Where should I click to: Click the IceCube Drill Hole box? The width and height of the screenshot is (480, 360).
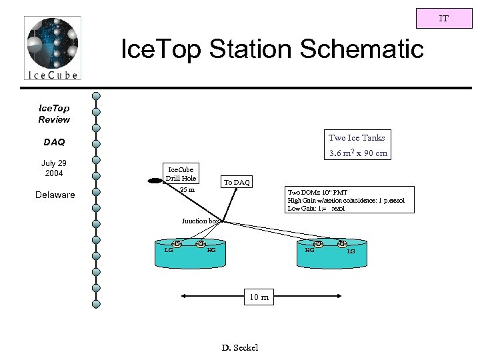coord(181,175)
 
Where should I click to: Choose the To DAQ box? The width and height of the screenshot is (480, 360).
coord(237,181)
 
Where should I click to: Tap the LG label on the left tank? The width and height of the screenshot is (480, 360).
coord(169,250)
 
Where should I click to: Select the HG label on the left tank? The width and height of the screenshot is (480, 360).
coord(211,250)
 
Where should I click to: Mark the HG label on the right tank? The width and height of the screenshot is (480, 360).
coord(309,250)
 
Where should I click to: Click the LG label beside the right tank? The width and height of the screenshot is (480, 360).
coord(351,251)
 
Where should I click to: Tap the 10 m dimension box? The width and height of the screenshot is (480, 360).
coord(259,297)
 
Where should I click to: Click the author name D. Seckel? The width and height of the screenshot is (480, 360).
coord(239,347)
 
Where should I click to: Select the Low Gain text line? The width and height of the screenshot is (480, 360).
coord(316,208)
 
